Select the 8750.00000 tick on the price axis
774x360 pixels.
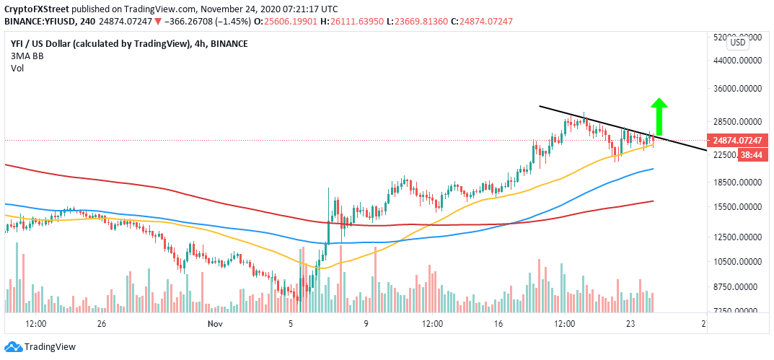coord(739,287)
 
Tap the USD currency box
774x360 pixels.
coord(738,43)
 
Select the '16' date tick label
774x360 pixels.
coord(498,323)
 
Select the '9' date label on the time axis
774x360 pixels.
coord(366,323)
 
